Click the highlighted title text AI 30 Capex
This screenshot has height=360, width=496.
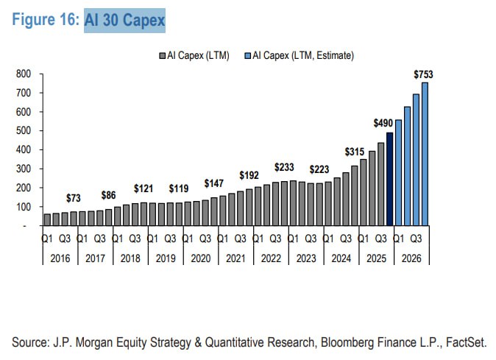(x=125, y=20)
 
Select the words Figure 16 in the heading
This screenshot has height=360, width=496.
(x=45, y=20)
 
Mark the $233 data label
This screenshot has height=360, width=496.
(x=286, y=167)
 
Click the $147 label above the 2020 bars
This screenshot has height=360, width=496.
(x=215, y=183)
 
